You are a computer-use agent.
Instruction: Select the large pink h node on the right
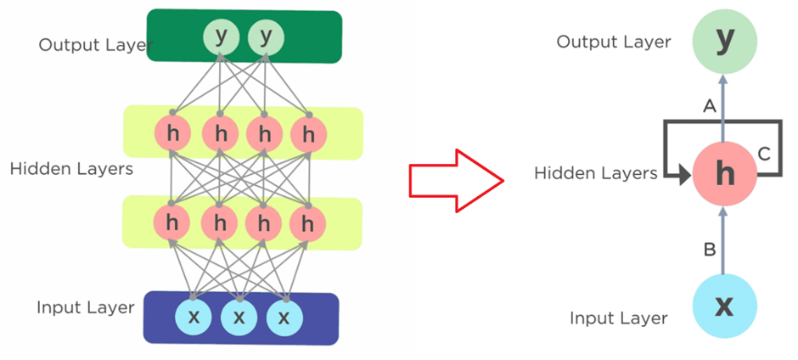723,174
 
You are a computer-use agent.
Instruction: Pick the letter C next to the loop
763,154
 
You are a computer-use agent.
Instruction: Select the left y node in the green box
221,37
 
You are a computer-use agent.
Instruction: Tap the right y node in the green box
265,37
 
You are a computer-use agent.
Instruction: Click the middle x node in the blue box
239,318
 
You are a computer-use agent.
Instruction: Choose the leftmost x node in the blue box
194,318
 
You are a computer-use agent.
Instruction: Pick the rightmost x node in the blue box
284,318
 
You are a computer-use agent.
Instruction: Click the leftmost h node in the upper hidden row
172,134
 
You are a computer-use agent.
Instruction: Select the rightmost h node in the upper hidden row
307,134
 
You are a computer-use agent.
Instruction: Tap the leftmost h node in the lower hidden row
172,223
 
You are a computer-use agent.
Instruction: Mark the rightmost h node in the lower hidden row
307,223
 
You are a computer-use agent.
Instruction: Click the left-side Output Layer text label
90,44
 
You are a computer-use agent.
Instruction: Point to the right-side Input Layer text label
618,318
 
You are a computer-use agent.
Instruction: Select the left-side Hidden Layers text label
71,169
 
